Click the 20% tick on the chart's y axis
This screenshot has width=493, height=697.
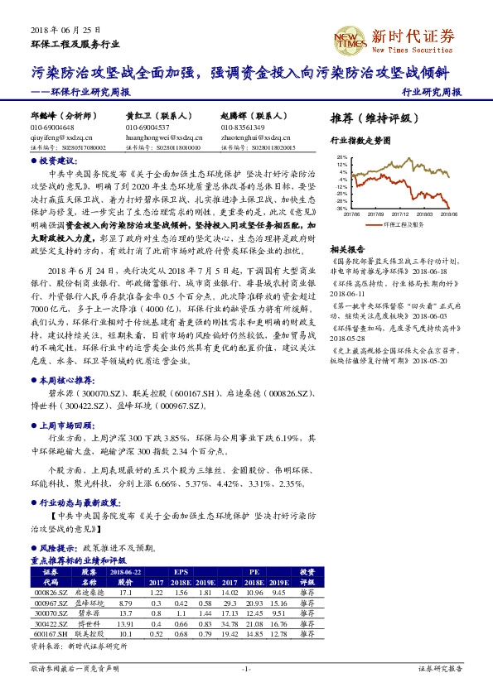[x=341, y=156]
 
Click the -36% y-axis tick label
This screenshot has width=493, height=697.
[x=341, y=209]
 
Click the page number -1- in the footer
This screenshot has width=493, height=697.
[x=246, y=668]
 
